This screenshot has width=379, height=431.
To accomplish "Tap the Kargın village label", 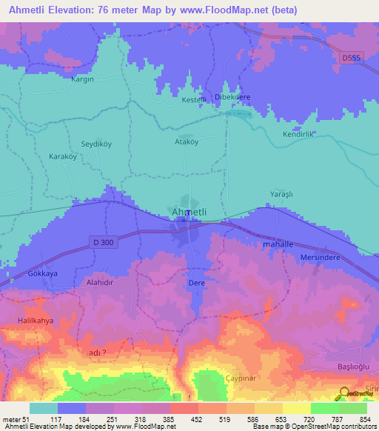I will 82,78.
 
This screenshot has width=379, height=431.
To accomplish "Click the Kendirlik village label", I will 299,135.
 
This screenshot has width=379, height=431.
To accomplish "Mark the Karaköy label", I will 63,157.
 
